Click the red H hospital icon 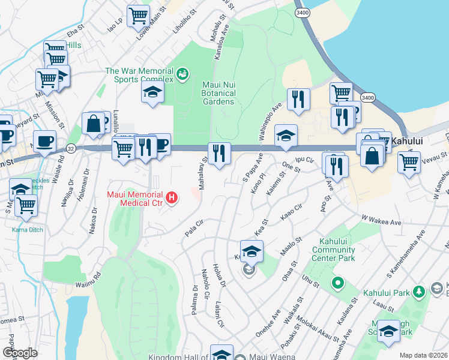pyautogui.click(x=172, y=197)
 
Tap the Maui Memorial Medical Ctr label pyautogui.click(x=136, y=200)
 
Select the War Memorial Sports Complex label pyautogui.click(x=139, y=75)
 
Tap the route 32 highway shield pyautogui.click(x=71, y=148)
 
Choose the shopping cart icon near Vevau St pyautogui.click(x=409, y=161)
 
